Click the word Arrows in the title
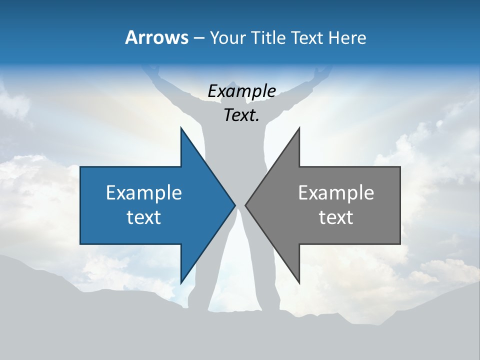coord(156,37)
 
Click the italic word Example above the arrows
coord(241,91)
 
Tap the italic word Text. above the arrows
coord(241,115)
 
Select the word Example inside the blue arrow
coord(144,193)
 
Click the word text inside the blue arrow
coord(144,217)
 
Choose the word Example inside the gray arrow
coord(336,193)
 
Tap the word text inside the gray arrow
coord(336,217)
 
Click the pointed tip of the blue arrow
coord(234,205)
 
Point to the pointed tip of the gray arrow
coord(245,205)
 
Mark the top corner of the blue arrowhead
coord(181,128)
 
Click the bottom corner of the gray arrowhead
coord(299,282)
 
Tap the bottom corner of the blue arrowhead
coord(181,282)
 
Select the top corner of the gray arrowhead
coord(299,128)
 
